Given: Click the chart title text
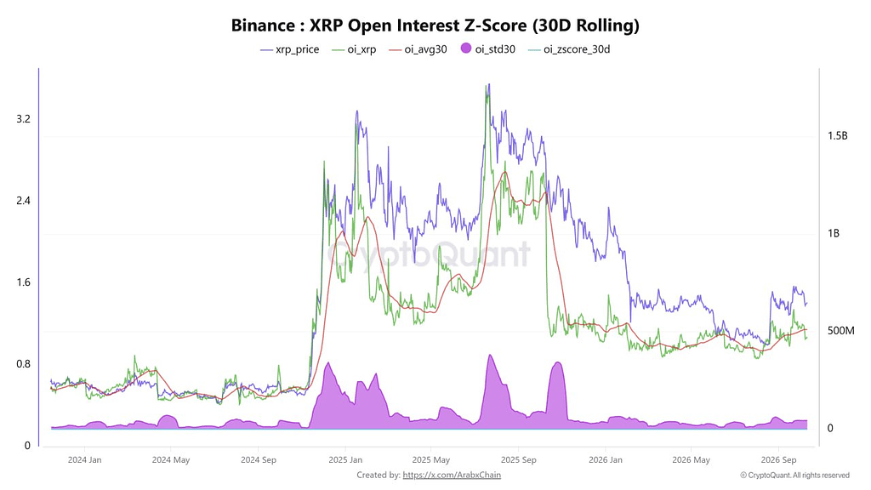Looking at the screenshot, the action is tap(435, 25).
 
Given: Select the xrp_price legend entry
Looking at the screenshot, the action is tap(290, 49).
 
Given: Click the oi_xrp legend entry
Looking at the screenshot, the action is tap(354, 49).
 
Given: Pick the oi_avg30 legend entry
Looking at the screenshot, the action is tap(418, 49).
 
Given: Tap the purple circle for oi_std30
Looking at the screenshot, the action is tap(466, 48).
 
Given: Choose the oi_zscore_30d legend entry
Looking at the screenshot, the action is tap(569, 49).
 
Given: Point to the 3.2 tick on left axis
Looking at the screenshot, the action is tap(23, 119).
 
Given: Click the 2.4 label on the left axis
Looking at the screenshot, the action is tap(23, 201).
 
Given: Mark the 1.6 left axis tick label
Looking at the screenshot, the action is tap(23, 282).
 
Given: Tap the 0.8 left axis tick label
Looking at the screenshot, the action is tap(23, 364).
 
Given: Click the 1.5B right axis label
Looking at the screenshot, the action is tap(838, 136).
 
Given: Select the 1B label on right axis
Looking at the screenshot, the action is tap(834, 233).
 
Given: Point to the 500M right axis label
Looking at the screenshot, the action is tap(841, 331).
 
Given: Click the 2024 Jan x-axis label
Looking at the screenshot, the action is tap(84, 460).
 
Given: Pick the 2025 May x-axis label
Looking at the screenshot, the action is tap(431, 460).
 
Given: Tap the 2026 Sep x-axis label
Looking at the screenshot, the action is tap(778, 460).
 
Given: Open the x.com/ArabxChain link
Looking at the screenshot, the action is tap(452, 475).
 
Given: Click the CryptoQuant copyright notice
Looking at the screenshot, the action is tap(795, 475).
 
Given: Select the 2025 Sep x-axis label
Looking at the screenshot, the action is tap(518, 460).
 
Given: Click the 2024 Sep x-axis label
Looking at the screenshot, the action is tap(259, 460).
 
